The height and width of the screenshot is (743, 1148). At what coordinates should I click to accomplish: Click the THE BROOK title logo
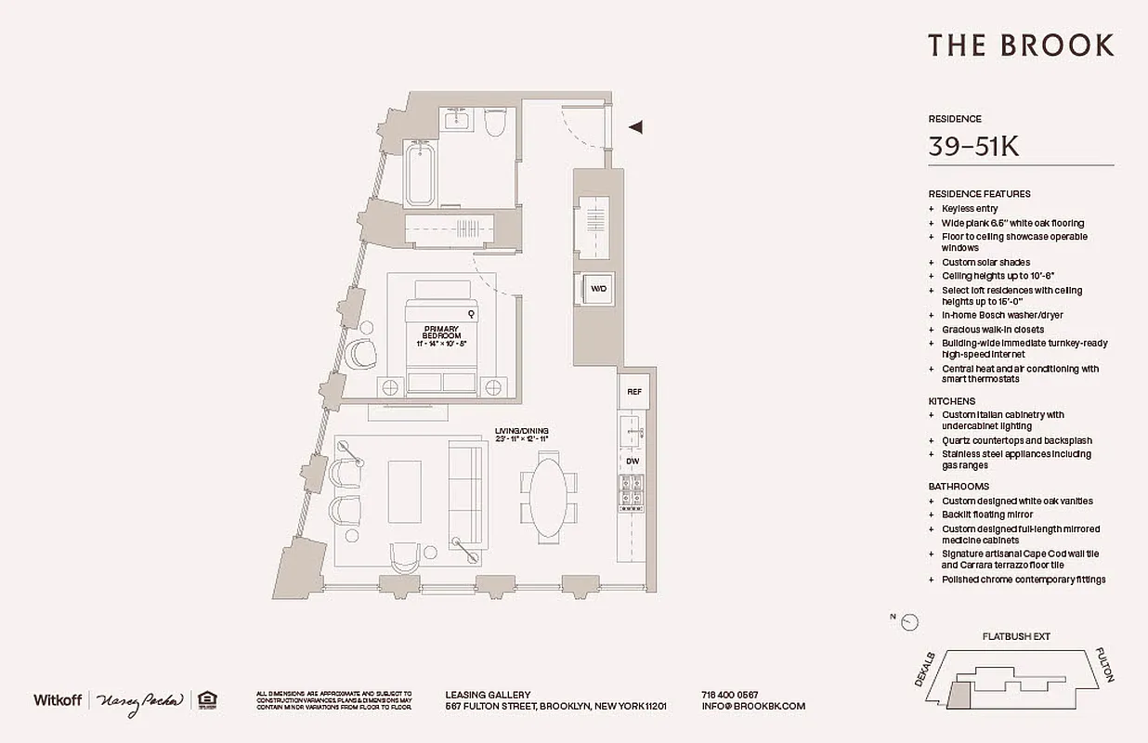[1021, 46]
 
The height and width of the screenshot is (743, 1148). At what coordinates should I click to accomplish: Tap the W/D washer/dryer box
[598, 289]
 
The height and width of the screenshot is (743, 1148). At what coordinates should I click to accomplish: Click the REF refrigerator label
[634, 392]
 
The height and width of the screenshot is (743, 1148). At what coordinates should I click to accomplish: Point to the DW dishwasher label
[633, 461]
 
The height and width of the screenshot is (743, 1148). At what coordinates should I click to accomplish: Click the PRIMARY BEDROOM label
[441, 332]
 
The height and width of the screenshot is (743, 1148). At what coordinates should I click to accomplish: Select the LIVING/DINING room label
[522, 434]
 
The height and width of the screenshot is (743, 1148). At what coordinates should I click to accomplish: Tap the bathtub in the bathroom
[420, 174]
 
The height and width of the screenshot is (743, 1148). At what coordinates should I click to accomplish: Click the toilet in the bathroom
[494, 121]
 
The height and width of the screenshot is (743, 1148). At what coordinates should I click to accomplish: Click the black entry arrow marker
[636, 127]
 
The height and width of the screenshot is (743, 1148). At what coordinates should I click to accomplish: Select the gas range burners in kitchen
[633, 490]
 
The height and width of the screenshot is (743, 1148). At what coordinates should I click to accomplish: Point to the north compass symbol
[909, 622]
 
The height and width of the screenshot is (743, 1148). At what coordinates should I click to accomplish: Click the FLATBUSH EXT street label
[1017, 637]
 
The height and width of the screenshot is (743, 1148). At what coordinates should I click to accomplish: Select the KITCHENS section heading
[952, 401]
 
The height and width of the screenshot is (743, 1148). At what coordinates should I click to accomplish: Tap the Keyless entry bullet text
[970, 209]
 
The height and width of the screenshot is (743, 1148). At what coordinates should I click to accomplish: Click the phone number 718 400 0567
[729, 695]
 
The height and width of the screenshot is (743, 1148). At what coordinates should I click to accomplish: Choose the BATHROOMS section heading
[959, 487]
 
